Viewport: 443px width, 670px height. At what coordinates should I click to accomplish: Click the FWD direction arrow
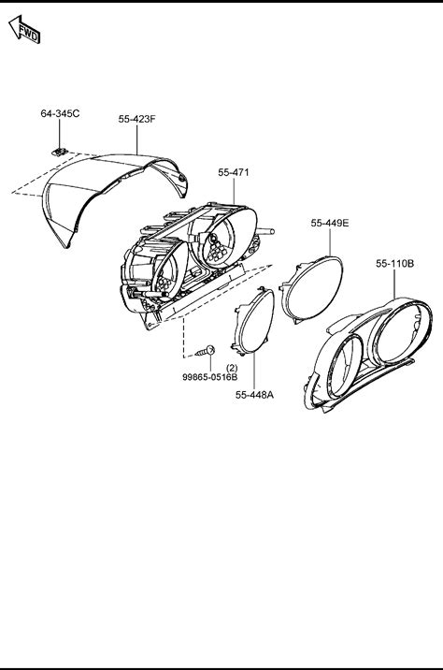click(24, 30)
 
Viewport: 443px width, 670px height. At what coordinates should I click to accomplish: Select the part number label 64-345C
click(60, 113)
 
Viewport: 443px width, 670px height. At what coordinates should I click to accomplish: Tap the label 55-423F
click(137, 119)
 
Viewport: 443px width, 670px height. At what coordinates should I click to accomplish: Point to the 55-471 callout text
click(234, 172)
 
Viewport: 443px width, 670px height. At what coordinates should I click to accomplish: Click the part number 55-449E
click(330, 223)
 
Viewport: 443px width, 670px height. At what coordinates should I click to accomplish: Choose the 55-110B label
click(394, 264)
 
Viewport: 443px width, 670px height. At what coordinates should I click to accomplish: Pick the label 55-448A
click(254, 395)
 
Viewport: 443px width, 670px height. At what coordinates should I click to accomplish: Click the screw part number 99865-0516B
click(210, 377)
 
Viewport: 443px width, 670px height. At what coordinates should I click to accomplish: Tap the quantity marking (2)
click(232, 368)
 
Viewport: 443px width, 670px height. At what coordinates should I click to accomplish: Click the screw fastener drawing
click(206, 352)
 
